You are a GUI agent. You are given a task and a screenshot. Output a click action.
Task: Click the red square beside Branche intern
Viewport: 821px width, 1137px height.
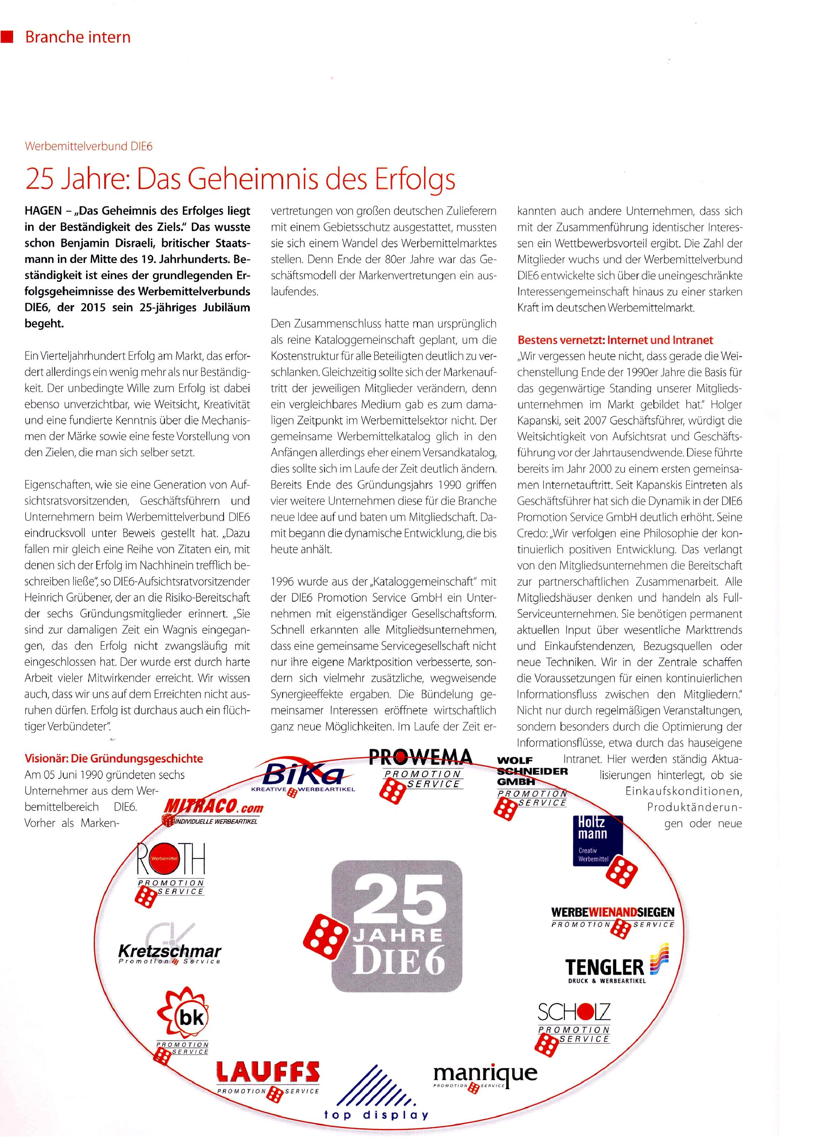click(7, 37)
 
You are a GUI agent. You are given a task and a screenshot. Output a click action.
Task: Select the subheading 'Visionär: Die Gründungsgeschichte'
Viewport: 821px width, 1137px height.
click(114, 759)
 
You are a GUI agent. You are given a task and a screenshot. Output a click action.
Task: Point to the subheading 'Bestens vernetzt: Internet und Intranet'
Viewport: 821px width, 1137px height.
click(615, 340)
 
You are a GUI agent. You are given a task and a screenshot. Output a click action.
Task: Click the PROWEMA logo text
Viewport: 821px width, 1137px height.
click(421, 757)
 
